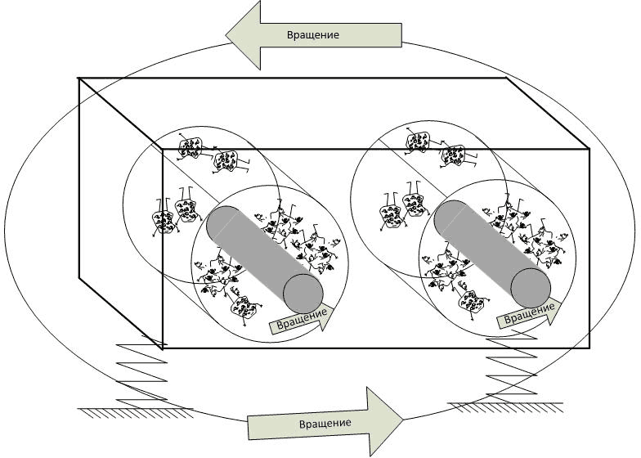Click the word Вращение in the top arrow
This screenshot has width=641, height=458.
click(312, 35)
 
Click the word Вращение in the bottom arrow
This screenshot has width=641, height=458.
click(325, 423)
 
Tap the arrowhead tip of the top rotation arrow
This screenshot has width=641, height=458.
click(228, 34)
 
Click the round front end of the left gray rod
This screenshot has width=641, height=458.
click(303, 292)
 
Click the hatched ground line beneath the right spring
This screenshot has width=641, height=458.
click(507, 405)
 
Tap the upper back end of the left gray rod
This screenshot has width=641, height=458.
click(222, 223)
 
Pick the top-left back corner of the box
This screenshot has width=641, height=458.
click(79, 79)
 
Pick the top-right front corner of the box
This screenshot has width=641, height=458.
click(589, 150)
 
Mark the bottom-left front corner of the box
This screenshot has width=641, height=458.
click(164, 348)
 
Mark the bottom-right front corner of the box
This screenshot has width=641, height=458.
click(589, 348)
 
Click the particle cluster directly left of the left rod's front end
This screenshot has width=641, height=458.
click(241, 307)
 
